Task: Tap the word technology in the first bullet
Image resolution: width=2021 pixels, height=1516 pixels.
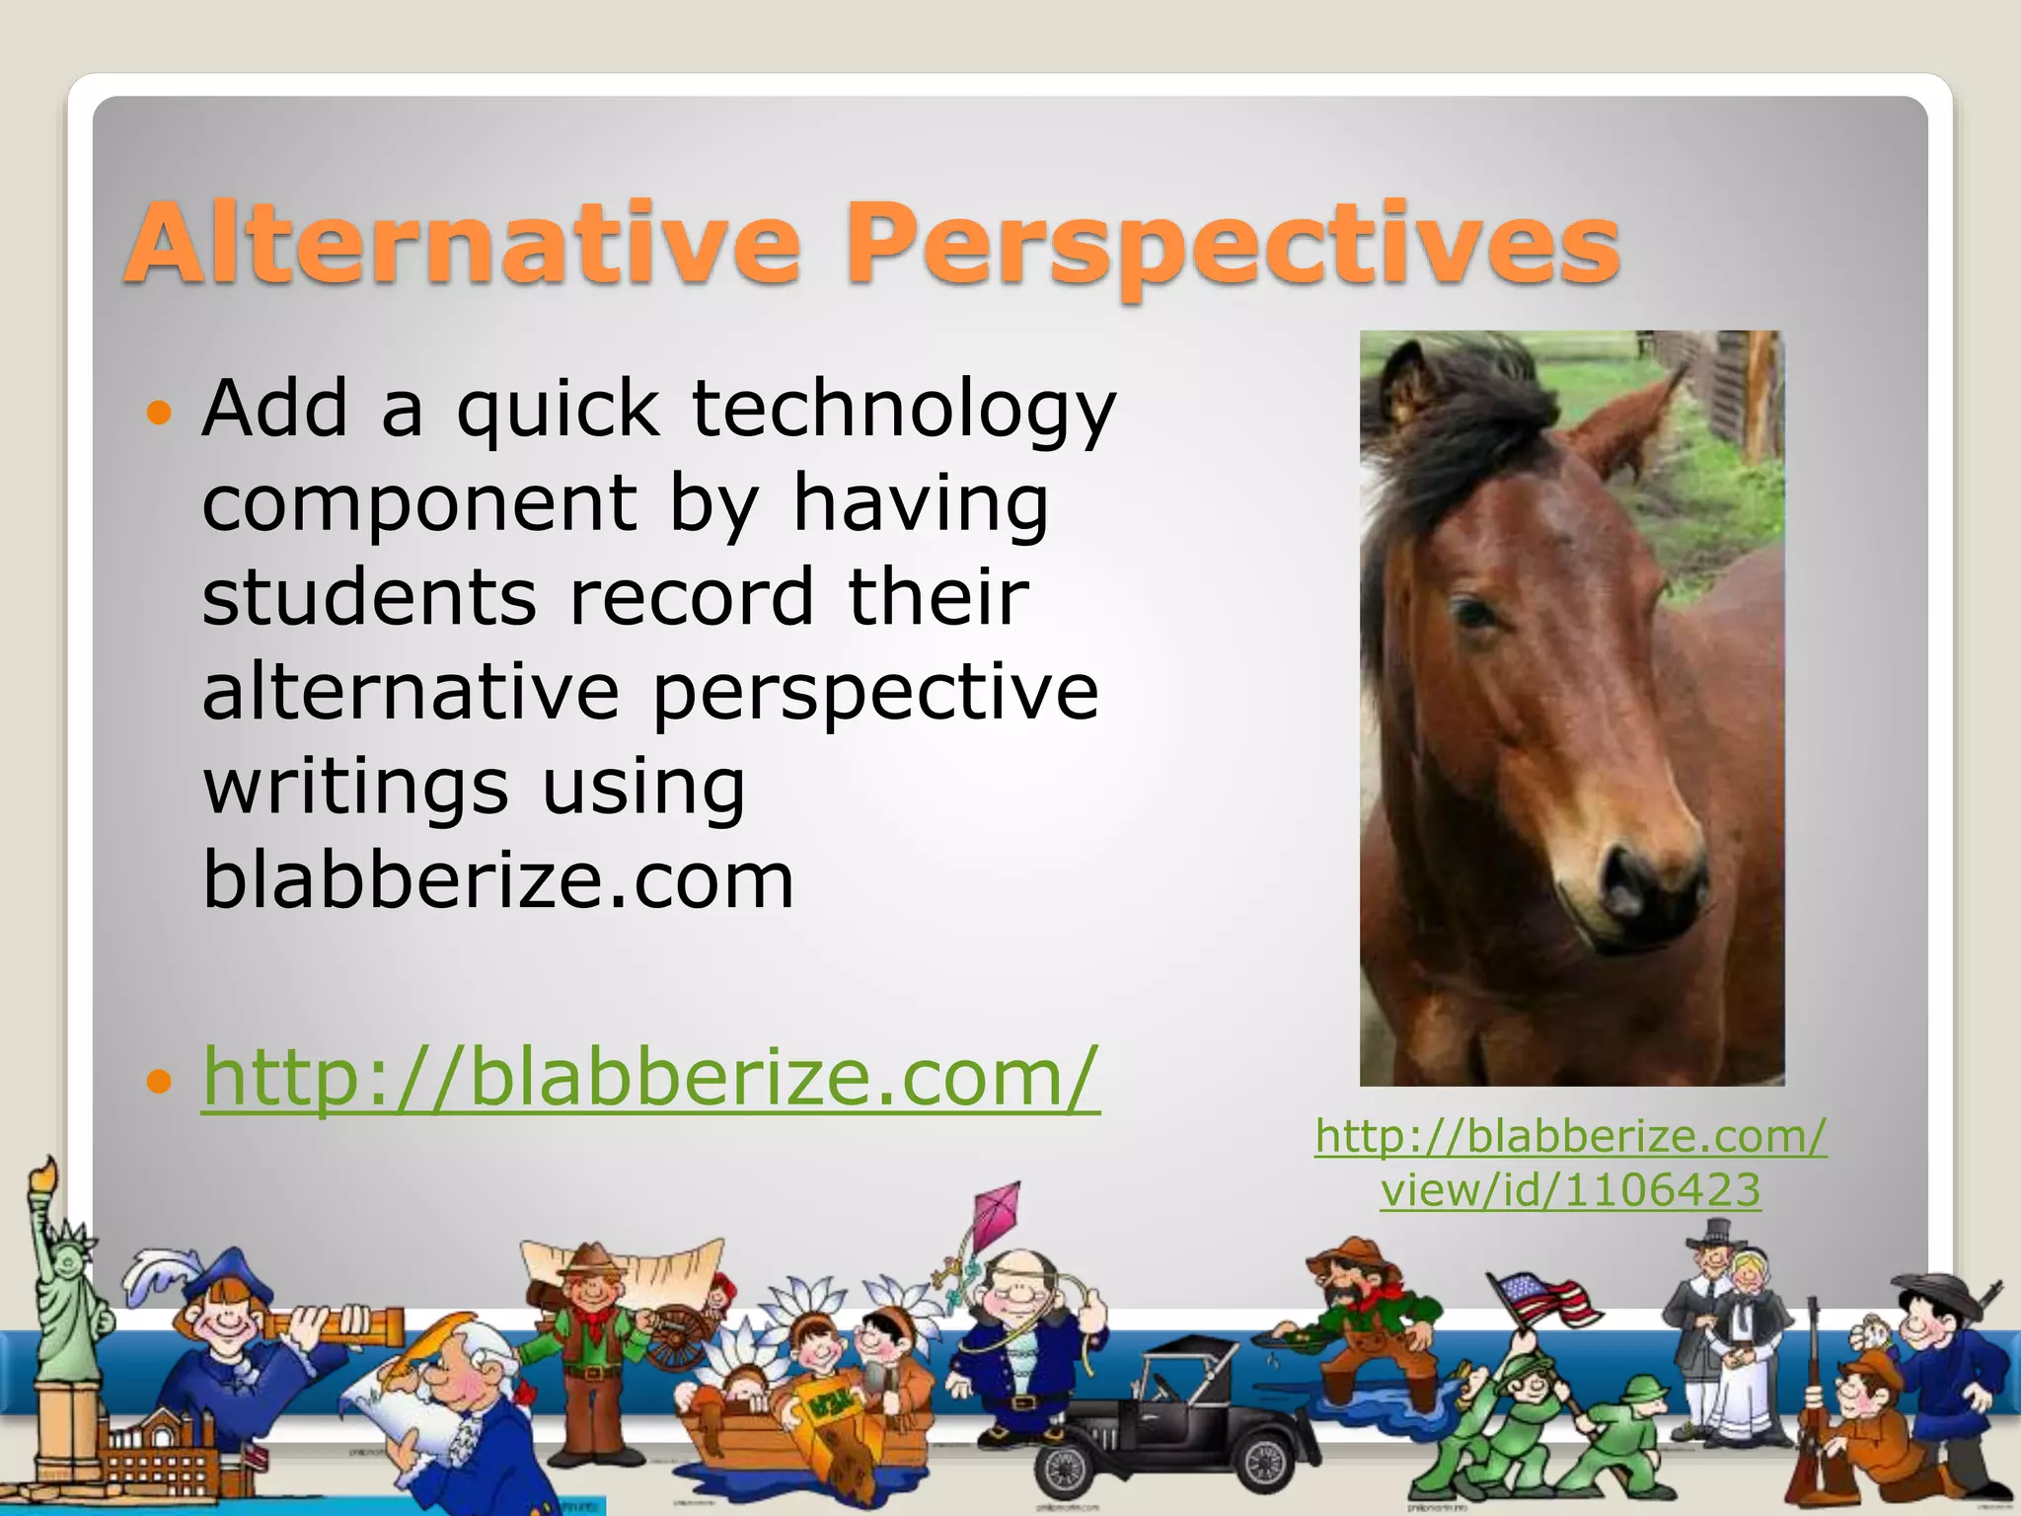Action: (x=904, y=410)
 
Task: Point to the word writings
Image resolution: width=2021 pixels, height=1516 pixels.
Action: (x=356, y=787)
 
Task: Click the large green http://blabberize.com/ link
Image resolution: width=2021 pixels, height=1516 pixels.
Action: (x=650, y=1077)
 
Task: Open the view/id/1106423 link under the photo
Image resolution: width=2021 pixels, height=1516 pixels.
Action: (x=1570, y=1190)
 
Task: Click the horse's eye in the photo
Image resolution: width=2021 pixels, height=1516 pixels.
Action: (x=1477, y=614)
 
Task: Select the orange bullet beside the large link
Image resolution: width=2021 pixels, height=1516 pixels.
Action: (x=158, y=1081)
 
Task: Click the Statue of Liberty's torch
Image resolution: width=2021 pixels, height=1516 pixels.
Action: (x=44, y=1178)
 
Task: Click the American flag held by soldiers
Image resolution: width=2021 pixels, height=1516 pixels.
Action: (x=1544, y=1298)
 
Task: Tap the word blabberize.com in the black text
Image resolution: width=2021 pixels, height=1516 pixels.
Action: (x=498, y=881)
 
